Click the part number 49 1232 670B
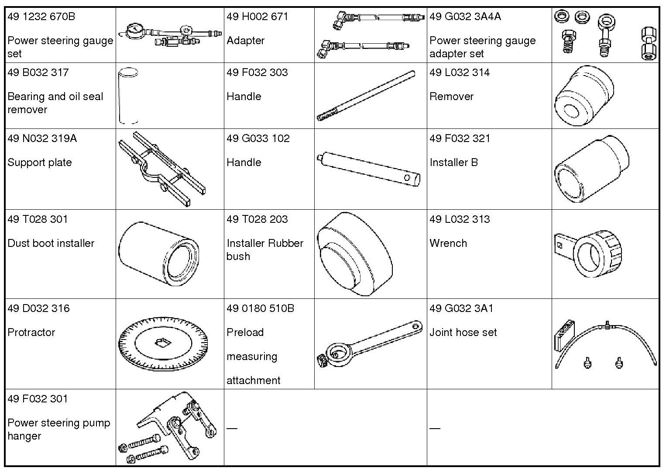41,17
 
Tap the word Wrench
448,243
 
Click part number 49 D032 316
38,308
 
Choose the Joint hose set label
463,332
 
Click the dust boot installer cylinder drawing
159,254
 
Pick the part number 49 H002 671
257,17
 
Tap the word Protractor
31,332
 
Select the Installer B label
453,163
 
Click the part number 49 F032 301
38,399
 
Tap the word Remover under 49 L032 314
451,97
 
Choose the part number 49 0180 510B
260,308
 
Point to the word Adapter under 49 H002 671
245,41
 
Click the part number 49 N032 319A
42,139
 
